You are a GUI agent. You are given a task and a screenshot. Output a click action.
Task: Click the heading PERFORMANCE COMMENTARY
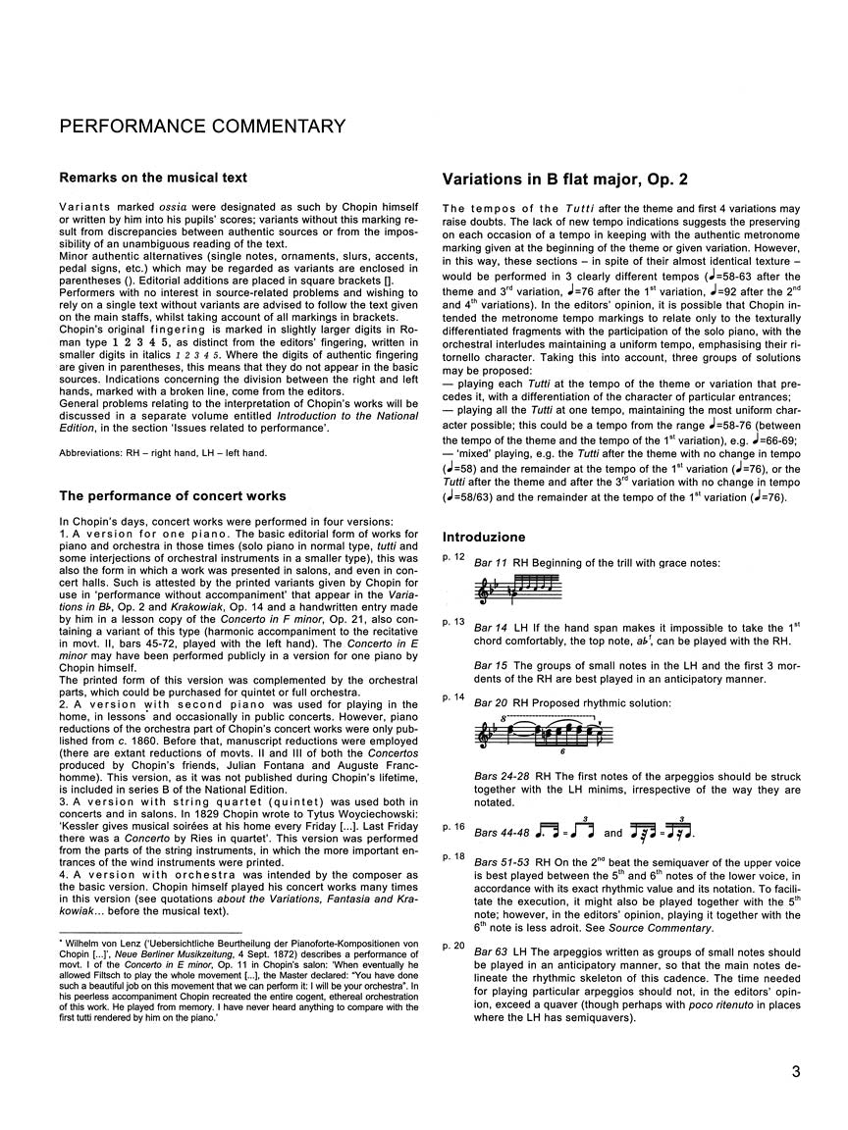(202, 127)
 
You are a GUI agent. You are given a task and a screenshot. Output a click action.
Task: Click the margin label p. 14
(453, 696)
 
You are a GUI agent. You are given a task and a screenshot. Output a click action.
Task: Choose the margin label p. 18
(453, 856)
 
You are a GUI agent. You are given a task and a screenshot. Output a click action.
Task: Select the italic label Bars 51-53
(504, 863)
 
